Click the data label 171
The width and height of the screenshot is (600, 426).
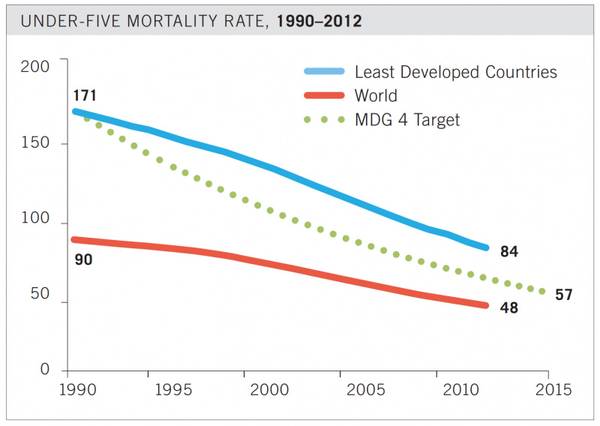click(85, 96)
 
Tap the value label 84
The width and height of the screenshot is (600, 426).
click(509, 252)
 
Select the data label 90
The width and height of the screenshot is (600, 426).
click(84, 261)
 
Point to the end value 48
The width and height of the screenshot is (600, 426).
click(509, 307)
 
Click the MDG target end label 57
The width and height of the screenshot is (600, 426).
click(563, 295)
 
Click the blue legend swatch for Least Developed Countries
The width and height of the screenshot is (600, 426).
click(323, 72)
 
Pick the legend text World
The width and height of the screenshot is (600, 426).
click(376, 96)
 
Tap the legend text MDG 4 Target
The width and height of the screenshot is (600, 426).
click(406, 119)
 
